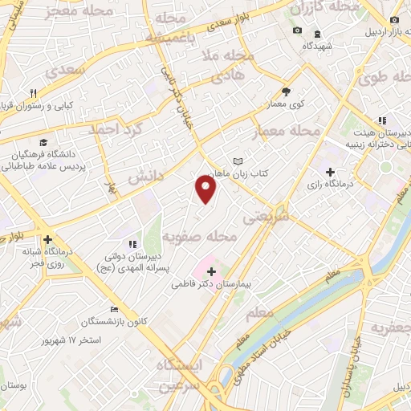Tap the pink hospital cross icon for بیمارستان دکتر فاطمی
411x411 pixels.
point(211,271)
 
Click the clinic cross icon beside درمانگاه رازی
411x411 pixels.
point(330,171)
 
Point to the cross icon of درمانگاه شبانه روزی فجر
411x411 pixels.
point(48,239)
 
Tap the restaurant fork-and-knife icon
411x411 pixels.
point(34,93)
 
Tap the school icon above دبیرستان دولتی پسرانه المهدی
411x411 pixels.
point(134,243)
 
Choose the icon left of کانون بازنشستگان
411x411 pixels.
point(116,310)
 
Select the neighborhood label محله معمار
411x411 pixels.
point(287,131)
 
